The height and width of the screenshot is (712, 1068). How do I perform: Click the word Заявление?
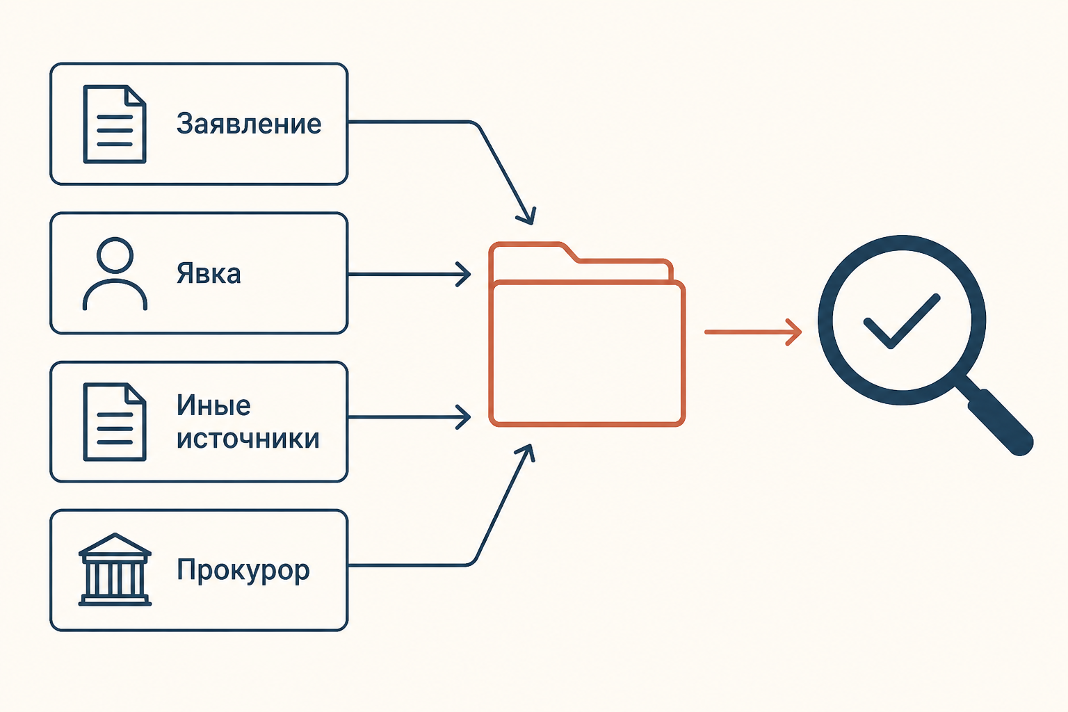point(249,124)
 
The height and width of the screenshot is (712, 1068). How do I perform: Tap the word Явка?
point(209,273)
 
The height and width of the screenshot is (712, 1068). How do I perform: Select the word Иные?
point(213,405)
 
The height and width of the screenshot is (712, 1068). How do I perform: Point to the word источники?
point(248,439)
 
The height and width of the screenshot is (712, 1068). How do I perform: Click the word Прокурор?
point(243,570)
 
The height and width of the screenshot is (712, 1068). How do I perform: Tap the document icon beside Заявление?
point(115,124)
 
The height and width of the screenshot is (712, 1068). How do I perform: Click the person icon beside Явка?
point(115,274)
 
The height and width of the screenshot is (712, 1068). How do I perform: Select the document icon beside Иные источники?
point(115,422)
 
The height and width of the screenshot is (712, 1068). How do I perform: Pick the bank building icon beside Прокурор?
point(115,569)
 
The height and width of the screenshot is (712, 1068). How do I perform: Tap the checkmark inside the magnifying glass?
point(901,321)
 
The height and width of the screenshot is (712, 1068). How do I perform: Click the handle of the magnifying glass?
point(999,421)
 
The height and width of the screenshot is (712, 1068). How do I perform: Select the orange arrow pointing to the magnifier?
point(753,332)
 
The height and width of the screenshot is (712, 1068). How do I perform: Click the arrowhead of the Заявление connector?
point(528,217)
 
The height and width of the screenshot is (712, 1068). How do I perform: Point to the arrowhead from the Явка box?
point(464,274)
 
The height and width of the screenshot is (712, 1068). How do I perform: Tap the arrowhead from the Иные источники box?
point(464,416)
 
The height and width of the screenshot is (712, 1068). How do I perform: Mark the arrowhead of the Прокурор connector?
point(527,452)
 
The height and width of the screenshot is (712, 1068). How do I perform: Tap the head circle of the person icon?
point(115,254)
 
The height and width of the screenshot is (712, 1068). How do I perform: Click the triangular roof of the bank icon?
point(115,544)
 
